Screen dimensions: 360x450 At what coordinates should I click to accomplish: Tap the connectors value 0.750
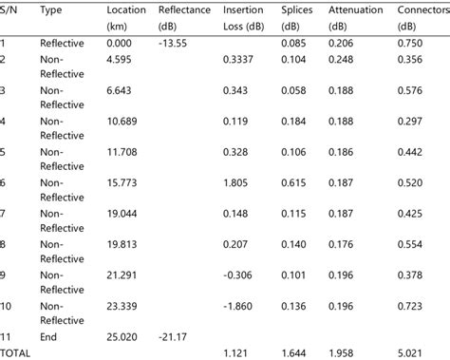[409, 43]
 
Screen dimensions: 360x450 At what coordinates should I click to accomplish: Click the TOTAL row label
[15, 352]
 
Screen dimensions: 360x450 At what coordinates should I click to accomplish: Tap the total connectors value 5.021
[409, 352]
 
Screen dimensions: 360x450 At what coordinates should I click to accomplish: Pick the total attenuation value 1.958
[343, 352]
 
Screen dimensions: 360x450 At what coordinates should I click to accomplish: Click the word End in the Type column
[49, 336]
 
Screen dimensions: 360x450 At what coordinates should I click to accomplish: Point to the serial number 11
[6, 336]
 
